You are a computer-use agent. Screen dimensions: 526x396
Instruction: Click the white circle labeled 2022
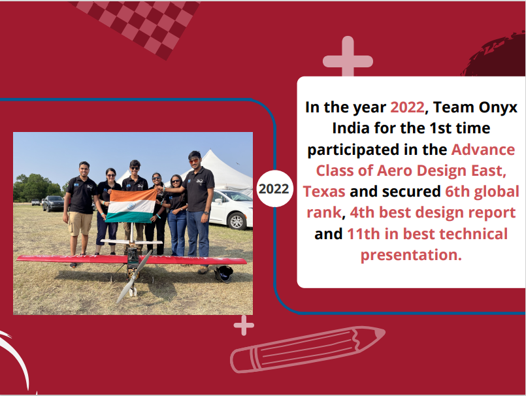coord(274,189)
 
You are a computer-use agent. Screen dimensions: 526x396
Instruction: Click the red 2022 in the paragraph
coord(407,107)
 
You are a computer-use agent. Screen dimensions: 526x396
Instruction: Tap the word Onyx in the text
coord(498,108)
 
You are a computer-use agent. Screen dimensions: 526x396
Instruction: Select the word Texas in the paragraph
coord(324,191)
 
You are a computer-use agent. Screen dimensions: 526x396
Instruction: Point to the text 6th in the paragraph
coord(457,191)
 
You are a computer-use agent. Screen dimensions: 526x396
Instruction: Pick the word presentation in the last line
coord(411,256)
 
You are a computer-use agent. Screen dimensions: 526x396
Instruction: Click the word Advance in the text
coord(483,150)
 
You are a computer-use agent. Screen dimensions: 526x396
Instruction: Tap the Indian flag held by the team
coord(131,205)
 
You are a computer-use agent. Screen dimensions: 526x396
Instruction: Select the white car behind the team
coord(231,209)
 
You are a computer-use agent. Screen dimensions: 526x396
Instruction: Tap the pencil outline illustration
coord(307,350)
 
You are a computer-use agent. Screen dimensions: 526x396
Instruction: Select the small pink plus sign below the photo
coord(244,325)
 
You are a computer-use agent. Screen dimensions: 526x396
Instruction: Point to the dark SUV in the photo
coord(54,203)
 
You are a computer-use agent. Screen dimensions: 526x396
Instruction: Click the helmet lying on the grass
coord(223,273)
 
